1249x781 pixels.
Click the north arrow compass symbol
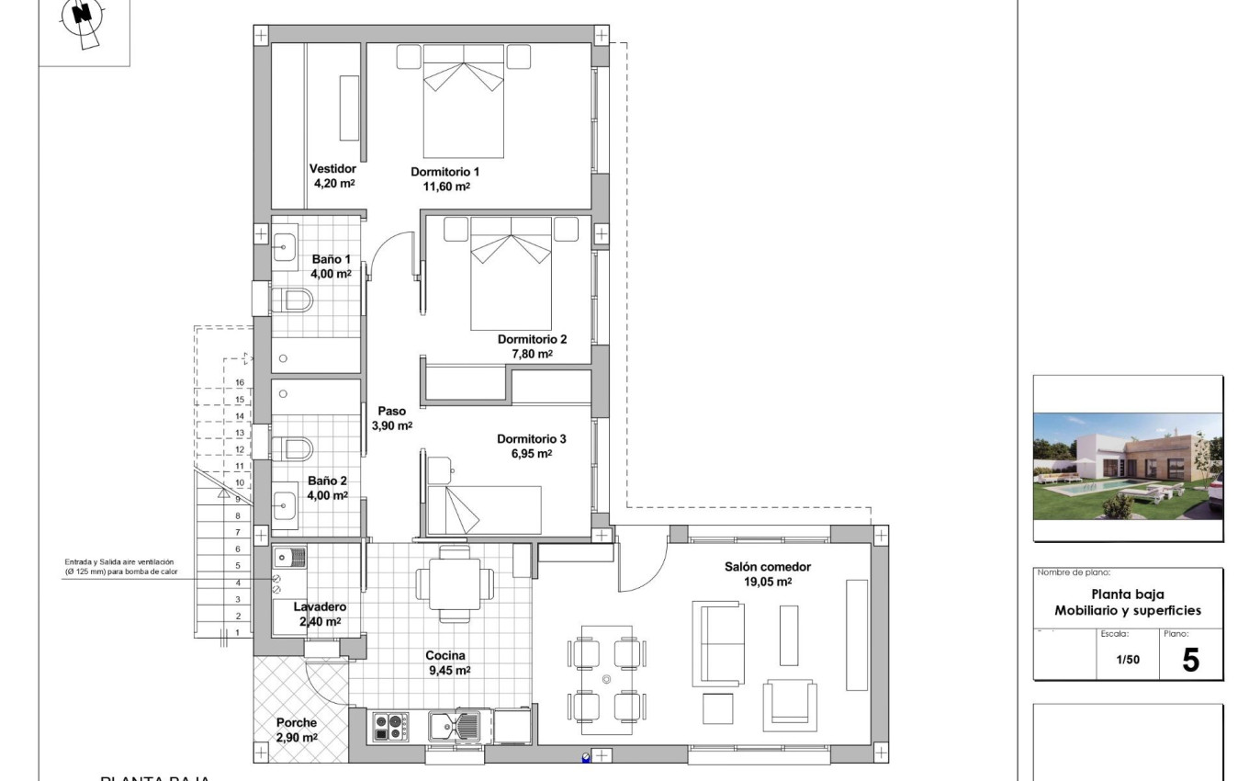pyautogui.click(x=84, y=18)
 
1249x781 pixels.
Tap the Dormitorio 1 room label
pyautogui.click(x=444, y=178)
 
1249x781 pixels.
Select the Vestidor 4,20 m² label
pyautogui.click(x=332, y=175)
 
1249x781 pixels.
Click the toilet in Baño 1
pyautogui.click(x=294, y=300)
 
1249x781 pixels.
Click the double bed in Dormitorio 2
pyautogui.click(x=511, y=274)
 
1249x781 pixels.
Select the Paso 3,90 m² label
pyautogui.click(x=391, y=419)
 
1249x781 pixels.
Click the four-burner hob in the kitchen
pyautogui.click(x=389, y=727)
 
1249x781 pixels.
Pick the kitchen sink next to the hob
pyautogui.click(x=454, y=727)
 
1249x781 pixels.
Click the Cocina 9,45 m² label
pyautogui.click(x=447, y=662)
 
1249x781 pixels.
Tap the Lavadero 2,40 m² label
pyautogui.click(x=319, y=614)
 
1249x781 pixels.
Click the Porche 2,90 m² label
pyautogui.click(x=297, y=730)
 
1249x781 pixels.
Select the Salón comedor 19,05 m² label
pyautogui.click(x=768, y=574)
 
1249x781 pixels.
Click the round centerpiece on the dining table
pyautogui.click(x=606, y=679)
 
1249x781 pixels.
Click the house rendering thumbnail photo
pyautogui.click(x=1128, y=466)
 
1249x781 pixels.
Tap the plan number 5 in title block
pyautogui.click(x=1190, y=660)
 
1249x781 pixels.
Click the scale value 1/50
pyautogui.click(x=1127, y=660)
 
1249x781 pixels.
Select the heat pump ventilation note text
pyautogui.click(x=118, y=567)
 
